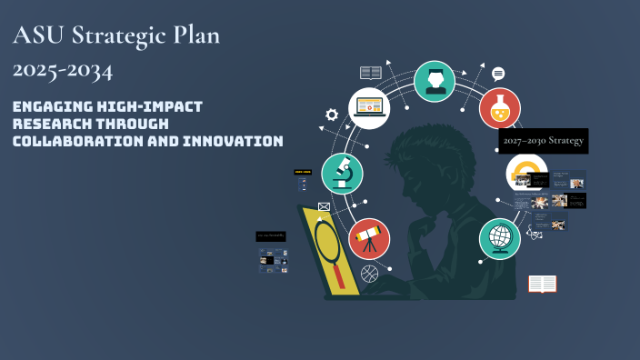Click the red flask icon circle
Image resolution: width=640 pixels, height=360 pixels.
[x=500, y=108]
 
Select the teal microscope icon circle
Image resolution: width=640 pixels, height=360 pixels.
[x=343, y=174]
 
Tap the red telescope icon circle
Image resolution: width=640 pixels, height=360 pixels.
[x=368, y=239]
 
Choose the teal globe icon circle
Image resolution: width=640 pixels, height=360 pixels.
[x=500, y=239]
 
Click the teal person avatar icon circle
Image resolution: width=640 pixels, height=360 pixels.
[x=435, y=81]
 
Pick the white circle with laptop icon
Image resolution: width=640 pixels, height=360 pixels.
[x=369, y=107]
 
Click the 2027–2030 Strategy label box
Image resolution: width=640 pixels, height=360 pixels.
[x=543, y=141]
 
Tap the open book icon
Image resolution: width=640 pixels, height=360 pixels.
[x=542, y=285]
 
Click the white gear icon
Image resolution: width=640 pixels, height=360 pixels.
[x=332, y=115]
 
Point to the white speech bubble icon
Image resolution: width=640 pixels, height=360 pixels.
[x=498, y=74]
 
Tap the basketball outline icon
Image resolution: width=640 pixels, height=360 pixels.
[x=368, y=273]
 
